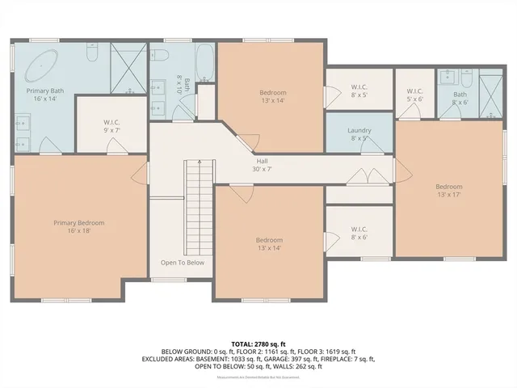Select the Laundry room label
pos(359,134)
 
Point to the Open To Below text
pos(182,263)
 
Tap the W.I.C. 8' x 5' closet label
pos(359,91)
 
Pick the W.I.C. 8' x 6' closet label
pos(359,234)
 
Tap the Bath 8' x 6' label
pos(460,99)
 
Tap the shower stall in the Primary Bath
pos(128,68)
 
